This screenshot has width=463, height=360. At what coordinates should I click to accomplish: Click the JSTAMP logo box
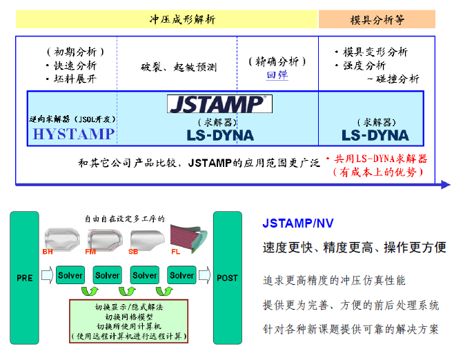coord(219,104)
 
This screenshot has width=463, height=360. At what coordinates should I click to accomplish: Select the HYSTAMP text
coord(73,134)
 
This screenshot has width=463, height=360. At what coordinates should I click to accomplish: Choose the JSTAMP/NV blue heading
coord(299,223)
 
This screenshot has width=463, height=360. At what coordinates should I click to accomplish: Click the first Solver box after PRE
coord(70,275)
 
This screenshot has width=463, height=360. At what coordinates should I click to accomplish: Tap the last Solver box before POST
coord(182,275)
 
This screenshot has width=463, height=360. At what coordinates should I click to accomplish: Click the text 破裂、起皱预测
coord(178,68)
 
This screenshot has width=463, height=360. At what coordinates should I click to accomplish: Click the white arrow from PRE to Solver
coord(47,276)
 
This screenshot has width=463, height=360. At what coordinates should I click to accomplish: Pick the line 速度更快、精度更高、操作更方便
coord(354,247)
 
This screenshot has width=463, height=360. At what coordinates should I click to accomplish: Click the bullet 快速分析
coord(72,66)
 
